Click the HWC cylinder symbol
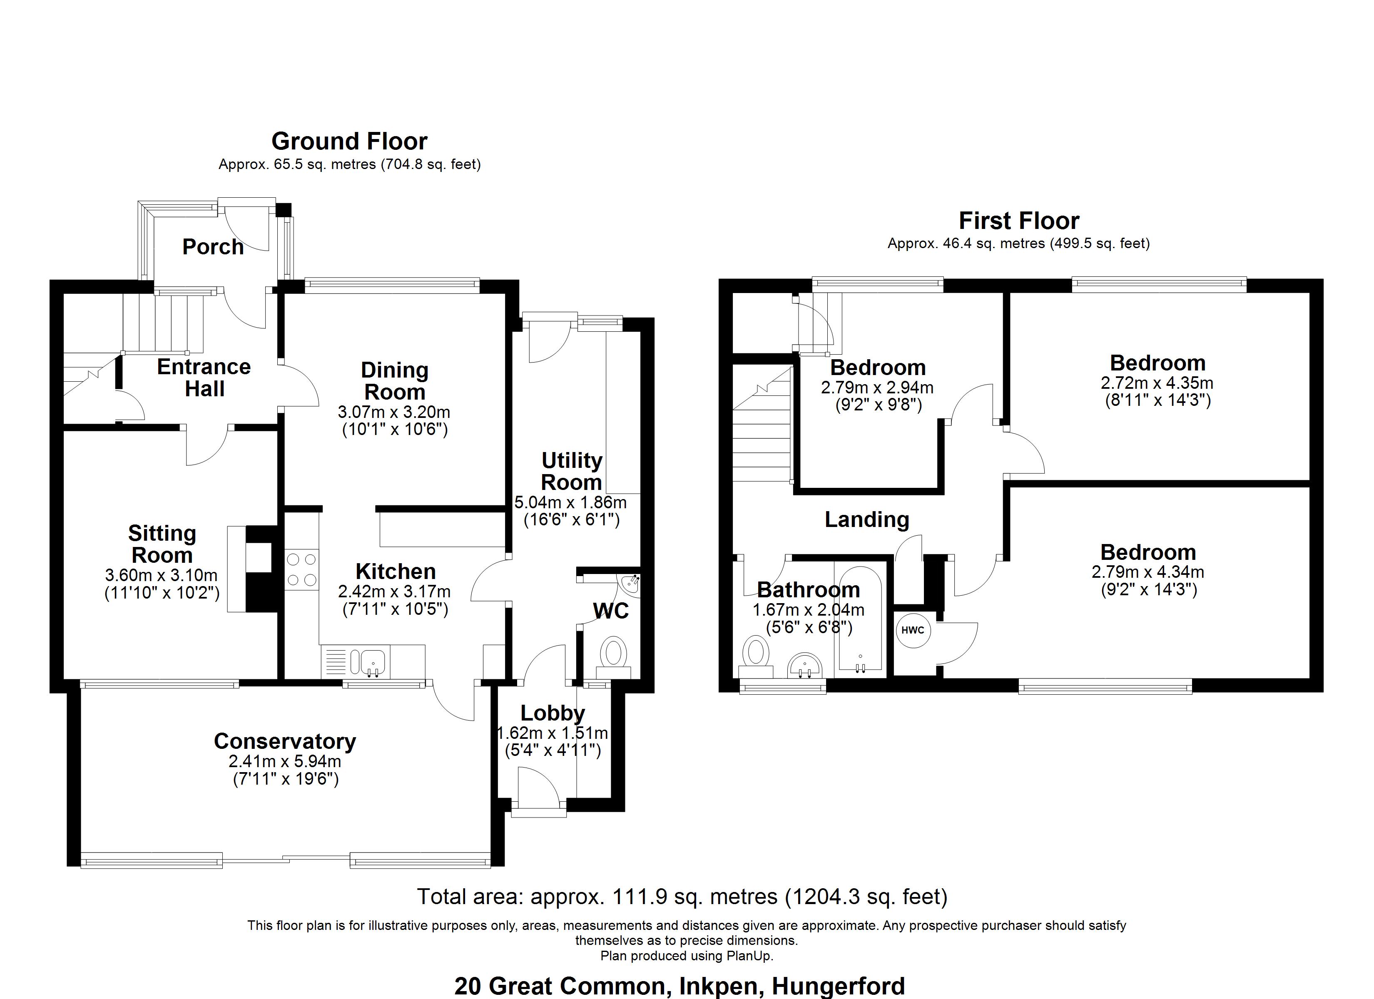[x=912, y=630]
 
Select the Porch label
[x=213, y=246]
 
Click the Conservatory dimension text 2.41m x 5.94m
[x=285, y=761]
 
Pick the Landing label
[x=867, y=519]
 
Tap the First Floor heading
[x=1018, y=221]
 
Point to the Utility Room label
[x=571, y=471]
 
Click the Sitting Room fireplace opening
[x=261, y=557]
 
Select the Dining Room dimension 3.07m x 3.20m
[x=394, y=413]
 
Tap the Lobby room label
[x=553, y=713]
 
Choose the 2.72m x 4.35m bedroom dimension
[x=1157, y=383]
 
